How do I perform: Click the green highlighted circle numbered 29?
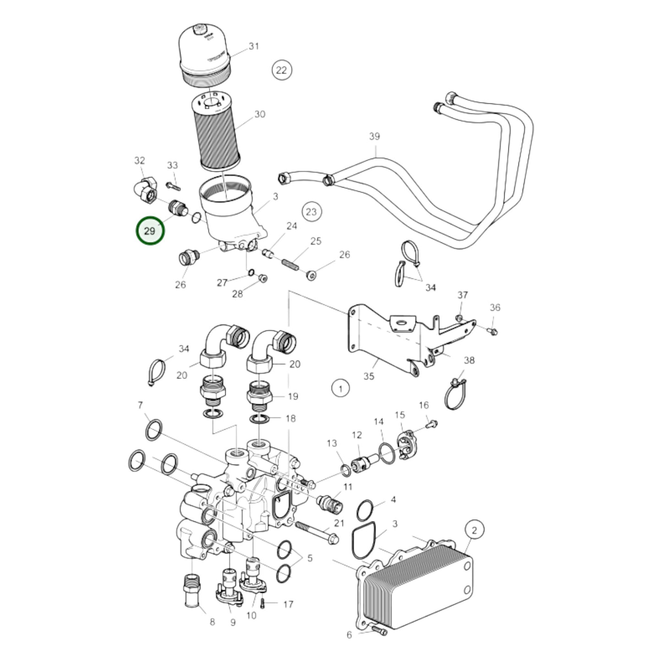[150, 231]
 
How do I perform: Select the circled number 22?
[282, 70]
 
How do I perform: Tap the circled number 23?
[312, 212]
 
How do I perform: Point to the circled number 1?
[340, 389]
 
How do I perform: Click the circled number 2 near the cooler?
[474, 531]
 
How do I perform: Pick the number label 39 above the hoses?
[375, 136]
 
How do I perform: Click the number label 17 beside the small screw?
[288, 605]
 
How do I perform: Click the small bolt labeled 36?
[492, 330]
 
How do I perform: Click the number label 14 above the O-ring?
[378, 421]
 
